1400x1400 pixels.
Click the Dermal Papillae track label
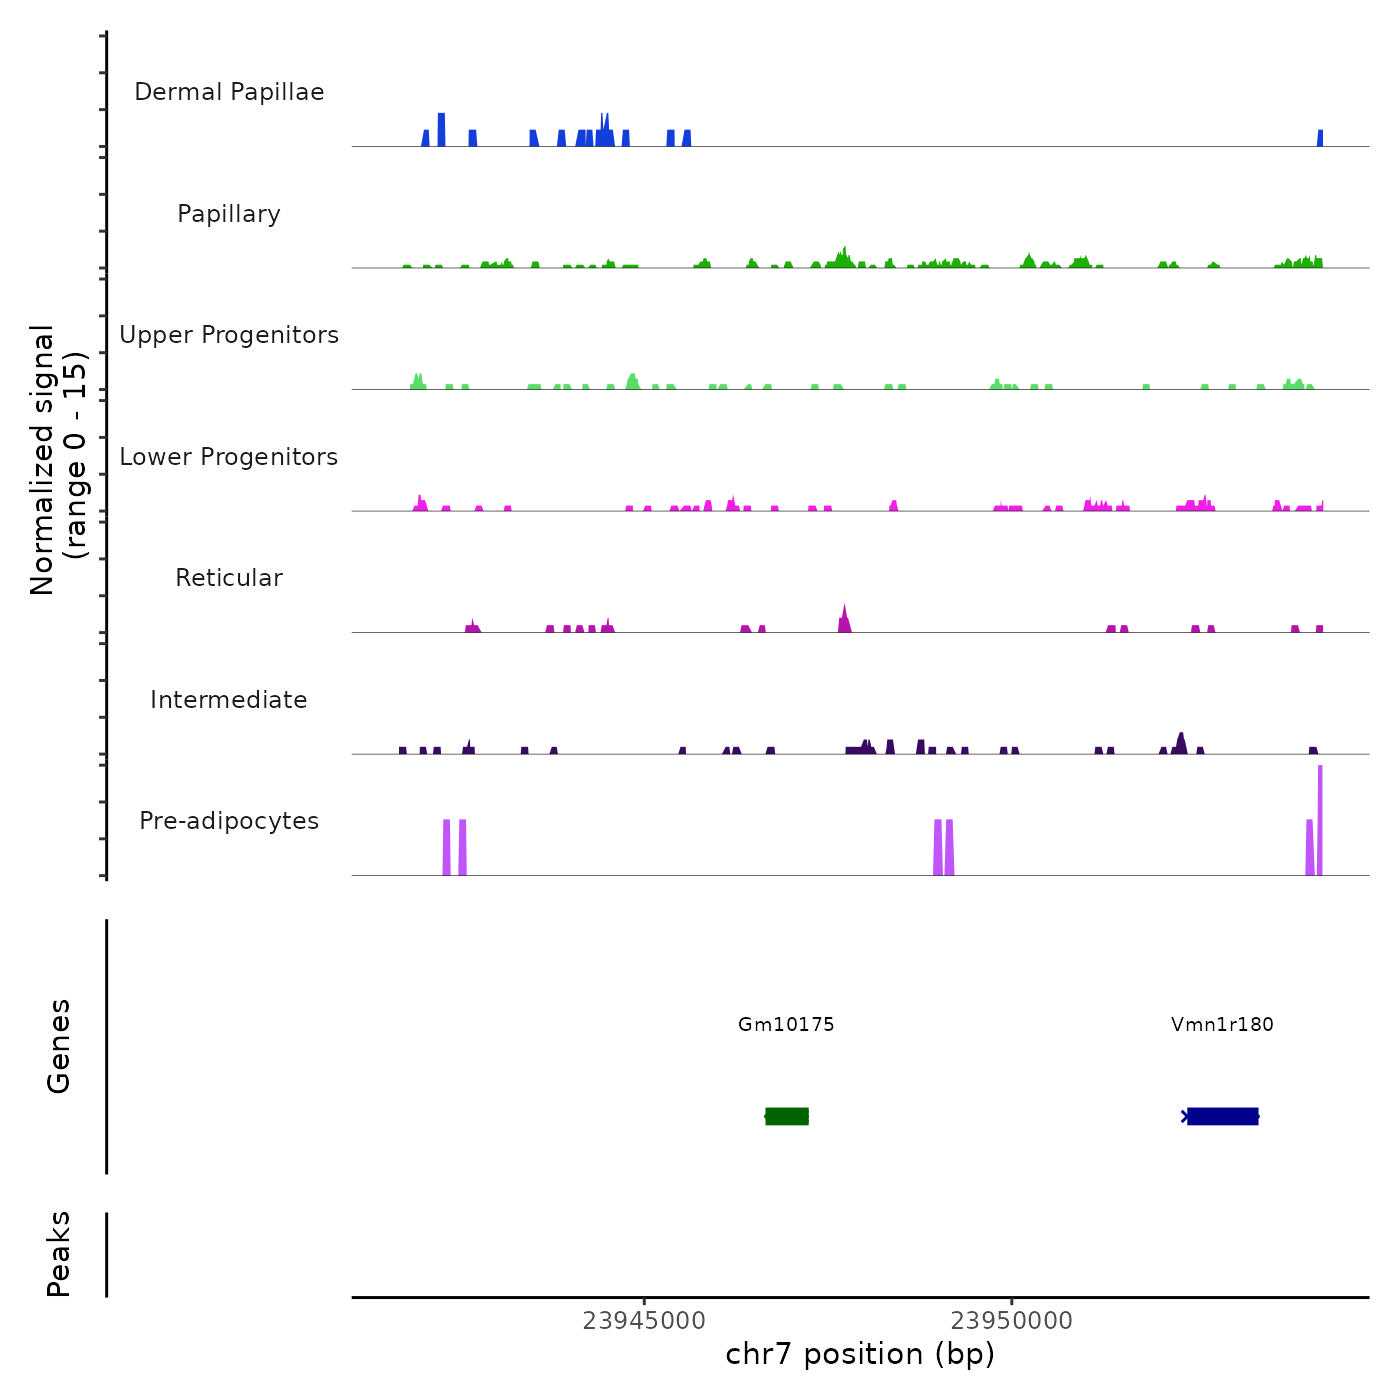tap(229, 92)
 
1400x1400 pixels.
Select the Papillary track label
tap(229, 214)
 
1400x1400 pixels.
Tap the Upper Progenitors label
tap(229, 335)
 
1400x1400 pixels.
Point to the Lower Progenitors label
tap(229, 457)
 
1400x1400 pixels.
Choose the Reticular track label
tap(229, 578)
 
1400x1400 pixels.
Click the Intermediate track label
tap(229, 700)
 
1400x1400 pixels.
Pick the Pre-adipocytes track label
tap(229, 821)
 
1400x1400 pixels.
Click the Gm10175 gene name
tap(786, 1024)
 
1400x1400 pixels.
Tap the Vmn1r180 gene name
tap(1222, 1024)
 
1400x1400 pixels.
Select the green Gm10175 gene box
tap(787, 1116)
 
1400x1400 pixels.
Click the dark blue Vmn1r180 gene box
tap(1222, 1116)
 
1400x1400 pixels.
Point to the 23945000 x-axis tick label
tap(644, 1321)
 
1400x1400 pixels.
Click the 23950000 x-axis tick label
tap(1012, 1321)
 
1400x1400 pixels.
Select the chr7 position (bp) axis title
tap(860, 1354)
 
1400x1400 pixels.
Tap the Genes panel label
tap(59, 1045)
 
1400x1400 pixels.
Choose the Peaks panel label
tap(59, 1254)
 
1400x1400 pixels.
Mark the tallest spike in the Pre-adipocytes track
tap(1320, 820)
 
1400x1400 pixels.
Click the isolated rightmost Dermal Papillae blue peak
tap(1320, 139)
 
